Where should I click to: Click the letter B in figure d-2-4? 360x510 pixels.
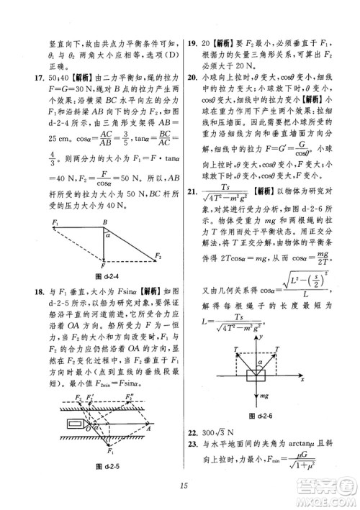[104, 222]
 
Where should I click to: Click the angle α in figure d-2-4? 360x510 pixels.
[107, 234]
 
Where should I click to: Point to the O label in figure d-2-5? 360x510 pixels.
[89, 429]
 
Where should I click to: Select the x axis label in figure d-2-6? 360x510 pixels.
[312, 378]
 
